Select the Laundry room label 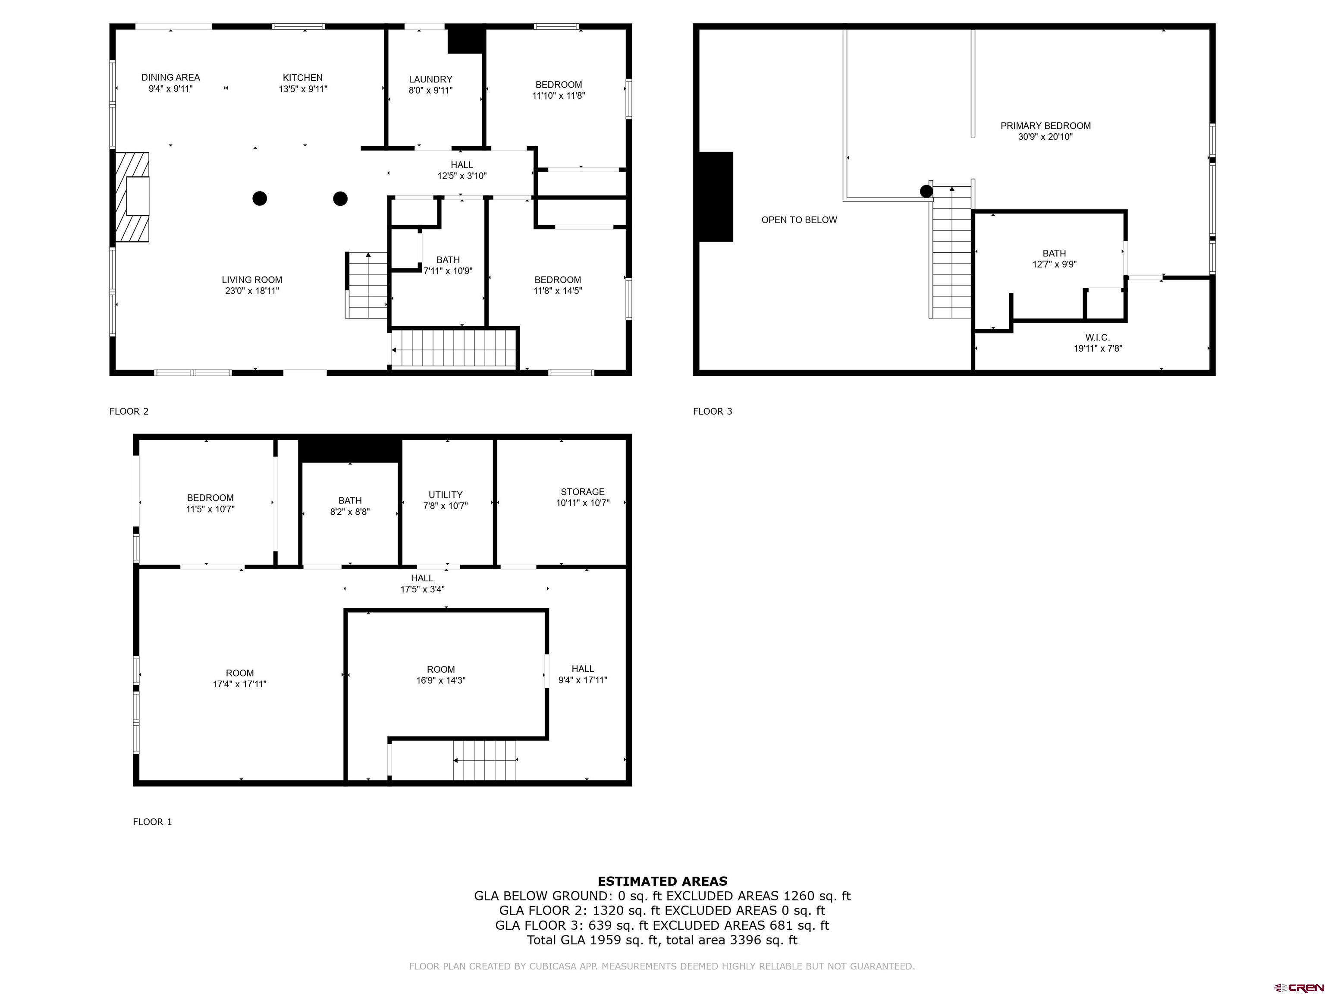click(x=430, y=79)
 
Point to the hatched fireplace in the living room click(x=132, y=197)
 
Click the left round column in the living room click(x=259, y=198)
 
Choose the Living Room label click(x=251, y=280)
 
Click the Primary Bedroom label click(x=1045, y=126)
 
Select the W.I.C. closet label click(x=1097, y=338)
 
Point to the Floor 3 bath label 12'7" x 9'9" click(x=1054, y=259)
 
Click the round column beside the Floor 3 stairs click(x=926, y=191)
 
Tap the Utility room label click(x=445, y=495)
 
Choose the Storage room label click(x=582, y=492)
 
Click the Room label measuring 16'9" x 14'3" click(x=440, y=675)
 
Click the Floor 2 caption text click(x=129, y=411)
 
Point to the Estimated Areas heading click(x=662, y=881)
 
